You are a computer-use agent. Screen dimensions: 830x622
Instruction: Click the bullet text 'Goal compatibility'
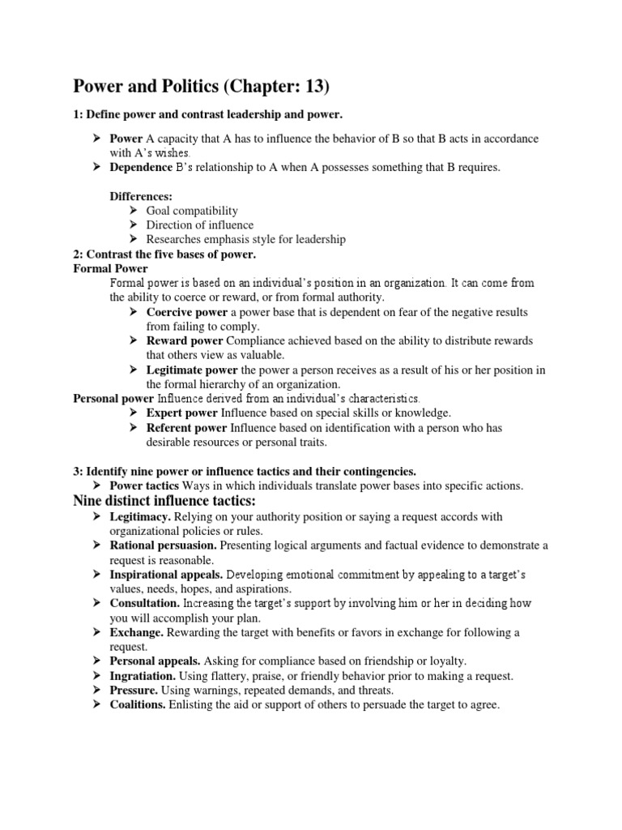[192, 211]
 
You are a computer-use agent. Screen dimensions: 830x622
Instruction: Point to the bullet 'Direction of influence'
[199, 225]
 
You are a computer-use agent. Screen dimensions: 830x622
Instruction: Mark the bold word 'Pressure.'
[134, 691]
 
